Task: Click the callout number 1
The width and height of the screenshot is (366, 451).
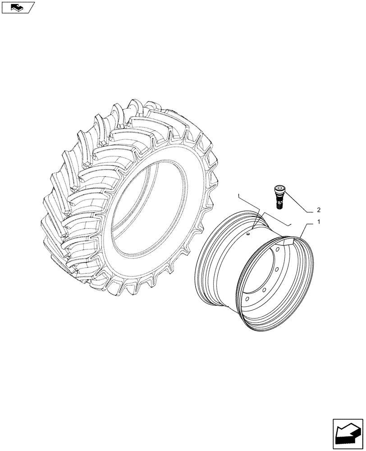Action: pyautogui.click(x=319, y=222)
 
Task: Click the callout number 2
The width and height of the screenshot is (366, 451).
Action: pyautogui.click(x=319, y=210)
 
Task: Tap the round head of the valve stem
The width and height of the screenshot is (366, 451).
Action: pyautogui.click(x=279, y=188)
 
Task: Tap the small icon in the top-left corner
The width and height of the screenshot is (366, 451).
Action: pyautogui.click(x=18, y=7)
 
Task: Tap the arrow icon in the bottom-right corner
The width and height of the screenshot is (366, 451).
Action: pyautogui.click(x=348, y=433)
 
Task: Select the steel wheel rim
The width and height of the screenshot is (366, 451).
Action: pyautogui.click(x=252, y=275)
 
